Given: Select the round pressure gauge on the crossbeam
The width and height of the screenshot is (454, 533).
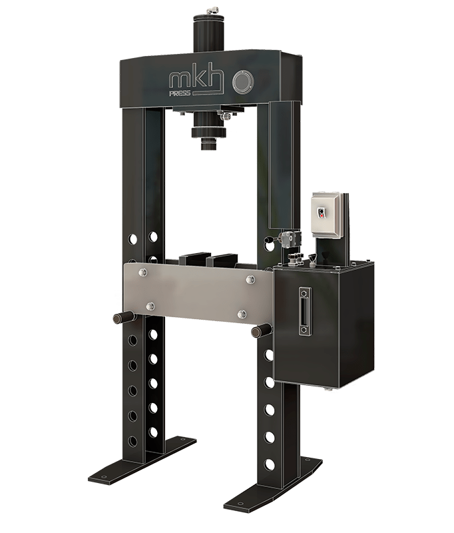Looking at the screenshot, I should point(242,83).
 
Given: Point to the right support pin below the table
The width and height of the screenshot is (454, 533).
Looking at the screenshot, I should point(260,329).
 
